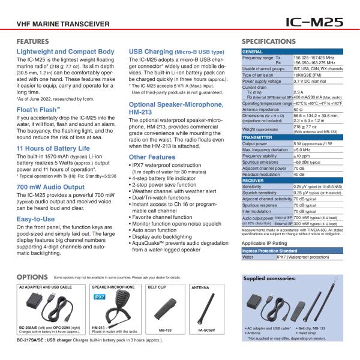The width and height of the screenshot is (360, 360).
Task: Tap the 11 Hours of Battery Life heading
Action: [53, 148]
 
